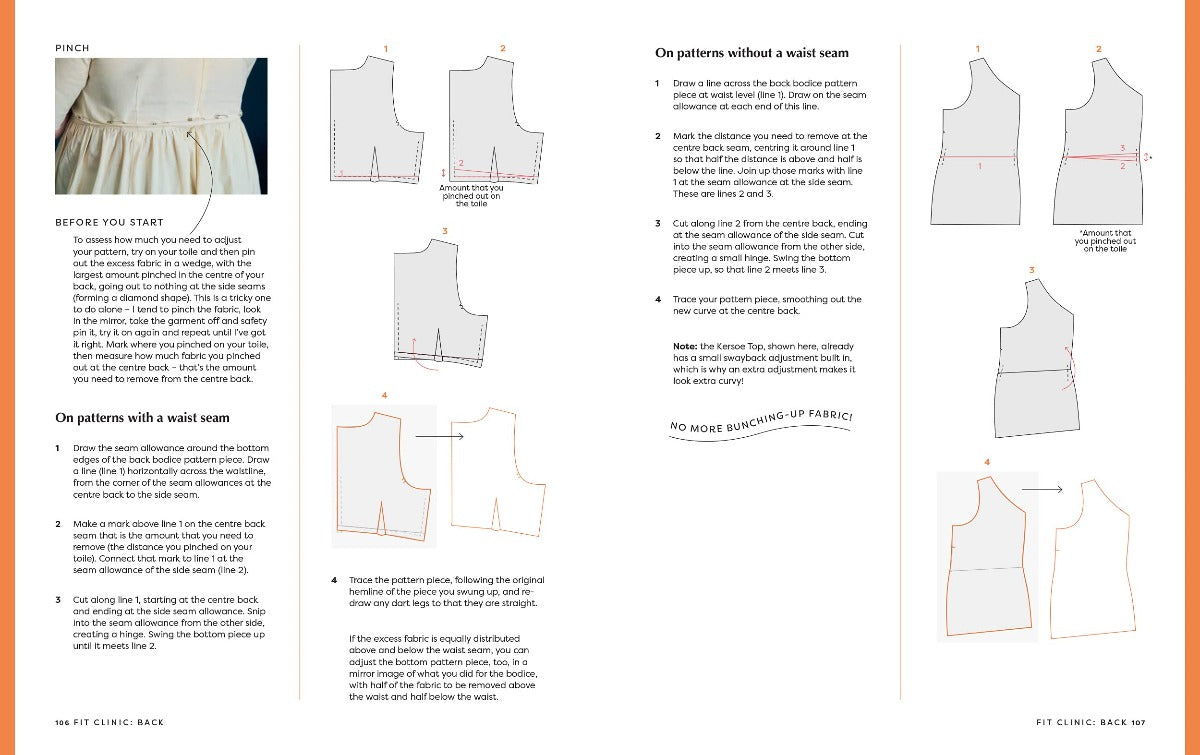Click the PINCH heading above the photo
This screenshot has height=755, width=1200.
pos(72,47)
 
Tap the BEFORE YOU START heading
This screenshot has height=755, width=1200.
pos(109,222)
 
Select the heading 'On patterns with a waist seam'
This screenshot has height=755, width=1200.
pos(142,418)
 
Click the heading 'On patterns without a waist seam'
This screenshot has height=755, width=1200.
pos(751,52)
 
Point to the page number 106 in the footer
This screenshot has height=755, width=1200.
pos(65,721)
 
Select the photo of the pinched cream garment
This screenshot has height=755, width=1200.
pos(162,126)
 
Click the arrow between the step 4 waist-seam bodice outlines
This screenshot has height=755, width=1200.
pos(439,436)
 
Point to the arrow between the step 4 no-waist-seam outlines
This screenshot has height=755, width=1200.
pos(1042,489)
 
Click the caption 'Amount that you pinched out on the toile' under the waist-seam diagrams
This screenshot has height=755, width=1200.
pos(470,195)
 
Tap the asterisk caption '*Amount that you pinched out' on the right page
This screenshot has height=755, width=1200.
pos(1105,240)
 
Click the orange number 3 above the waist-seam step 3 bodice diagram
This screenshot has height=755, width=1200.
pos(443,231)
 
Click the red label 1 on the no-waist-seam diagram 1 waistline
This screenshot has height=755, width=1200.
pos(979,166)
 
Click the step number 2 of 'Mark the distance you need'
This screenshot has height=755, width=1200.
pos(658,136)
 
